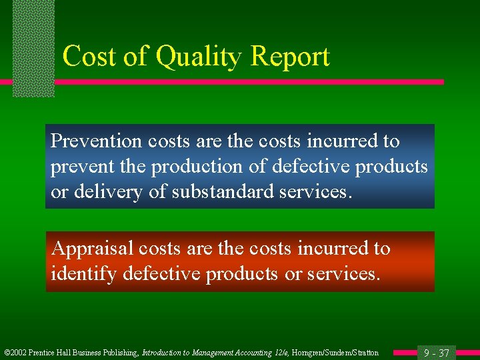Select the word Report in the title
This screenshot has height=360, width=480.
[x=290, y=57]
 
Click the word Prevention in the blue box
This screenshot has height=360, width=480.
[x=97, y=141]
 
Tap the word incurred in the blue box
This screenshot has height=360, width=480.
[x=336, y=141]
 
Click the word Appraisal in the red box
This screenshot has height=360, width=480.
[x=93, y=249]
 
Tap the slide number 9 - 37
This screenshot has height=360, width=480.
[x=437, y=353]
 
